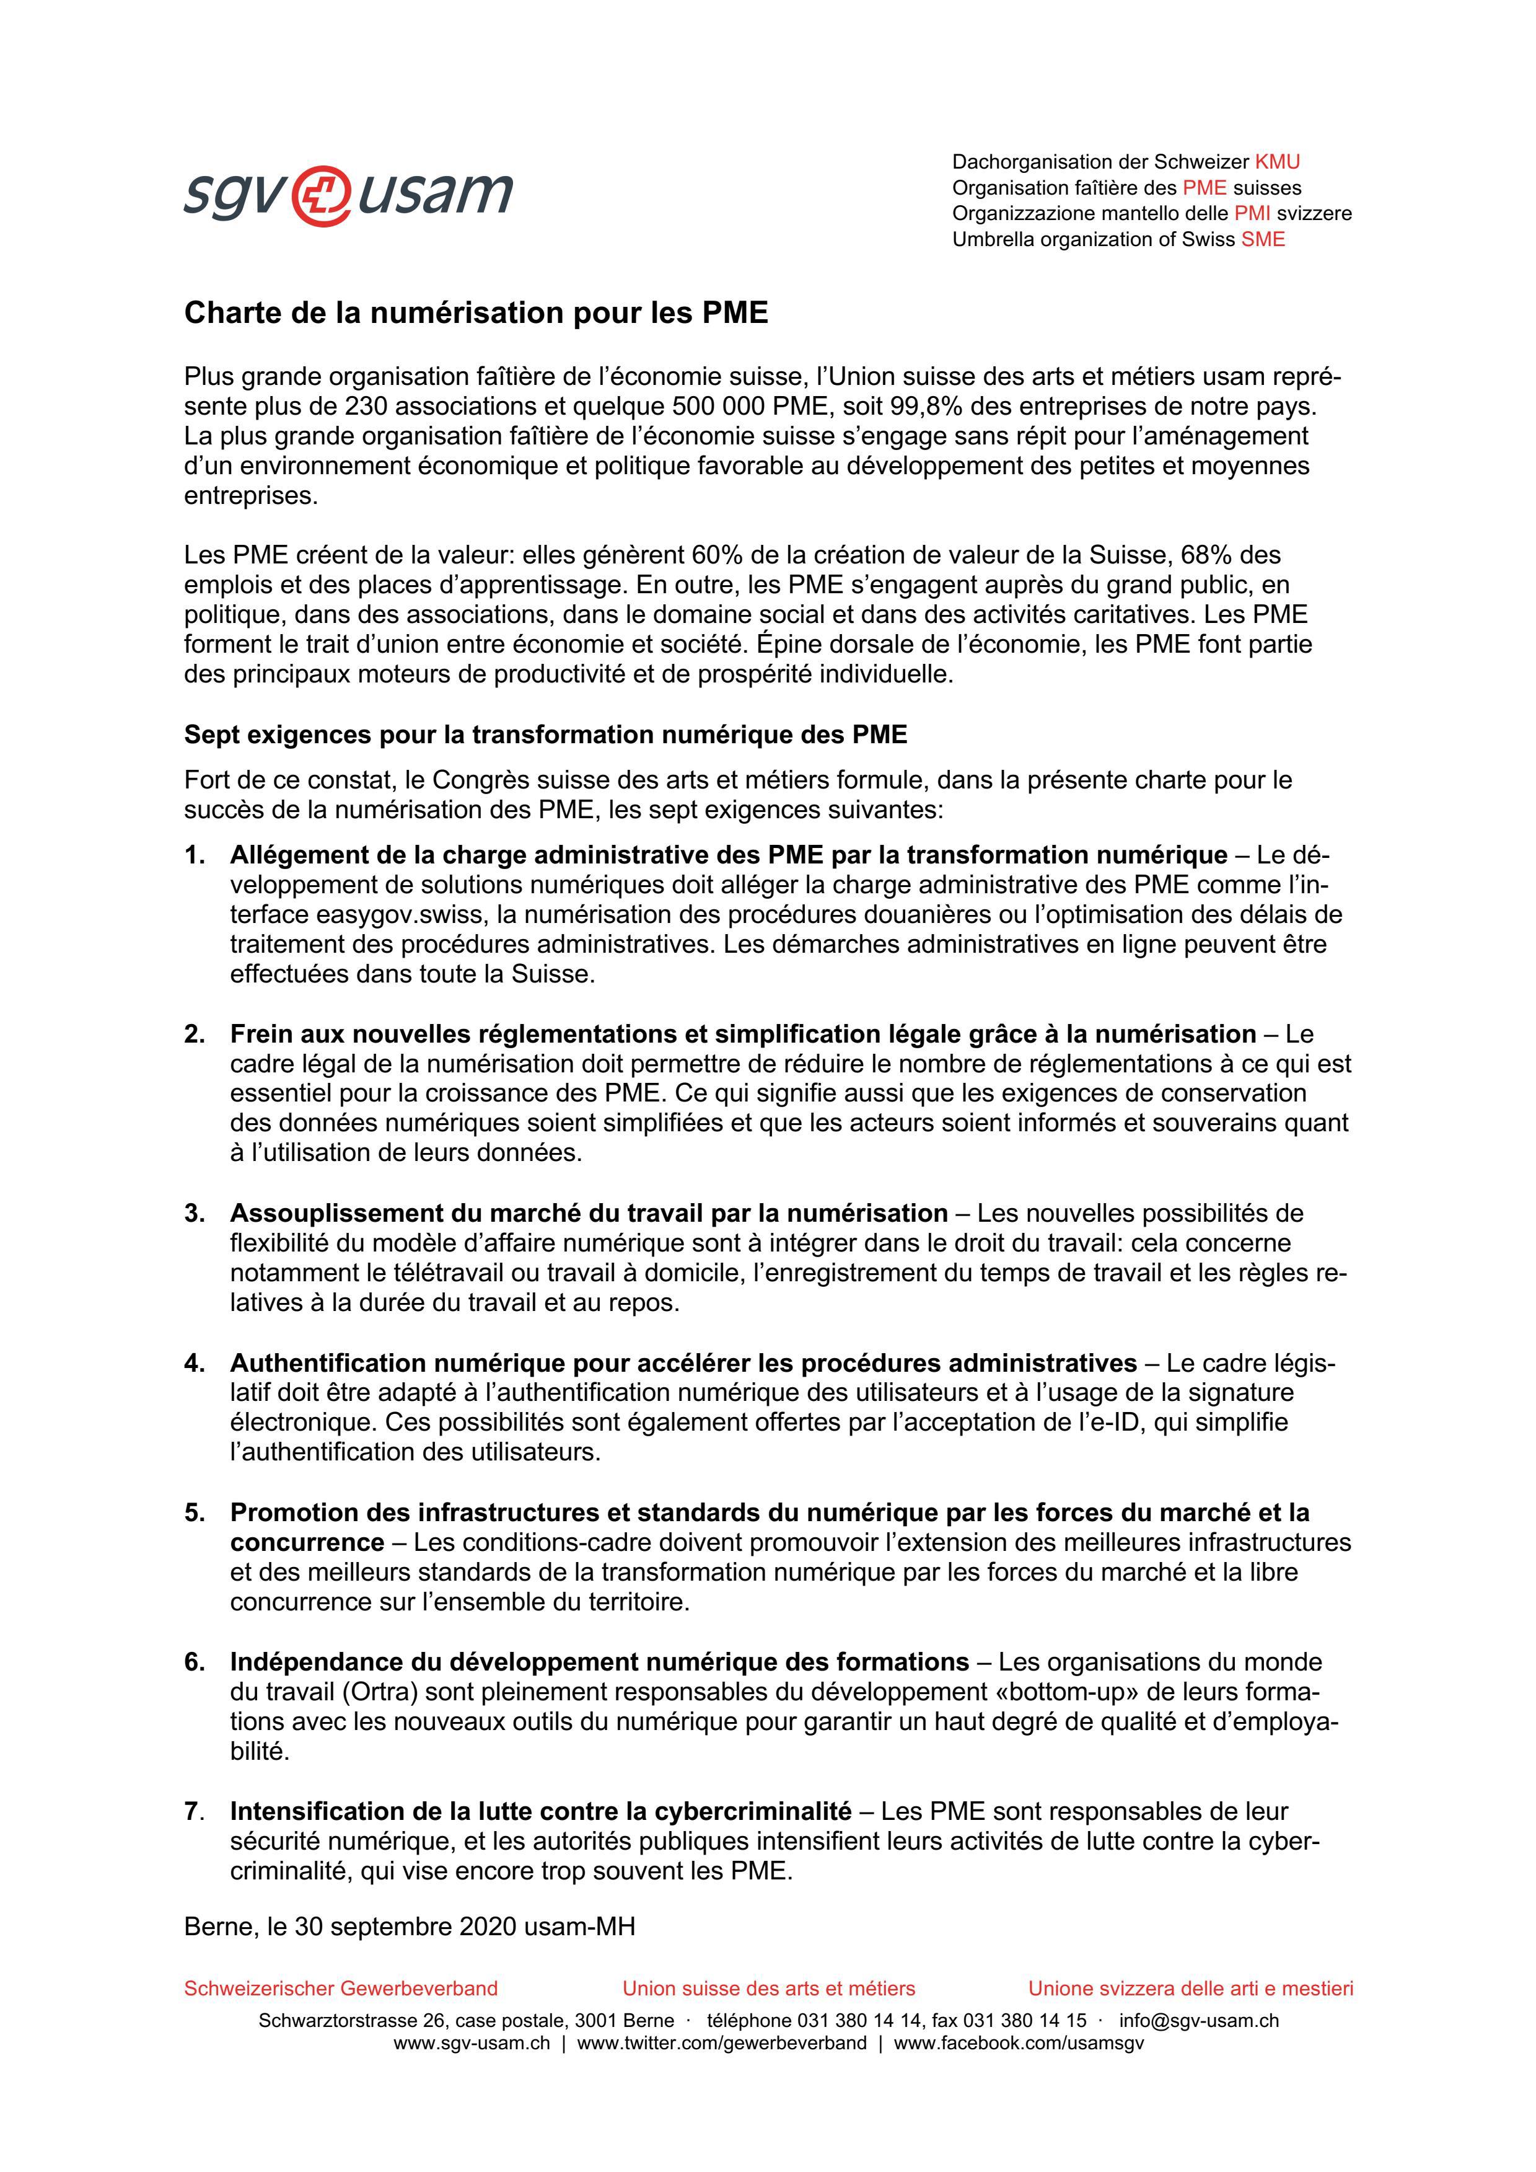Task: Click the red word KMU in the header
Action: [x=1277, y=162]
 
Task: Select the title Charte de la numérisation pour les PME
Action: [x=476, y=313]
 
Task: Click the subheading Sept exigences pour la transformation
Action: [x=545, y=735]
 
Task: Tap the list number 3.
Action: [x=194, y=1214]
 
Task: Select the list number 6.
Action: [x=194, y=1662]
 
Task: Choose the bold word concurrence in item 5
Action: [x=307, y=1543]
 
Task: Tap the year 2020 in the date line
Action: [x=487, y=1926]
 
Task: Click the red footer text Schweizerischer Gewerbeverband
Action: [x=341, y=1989]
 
